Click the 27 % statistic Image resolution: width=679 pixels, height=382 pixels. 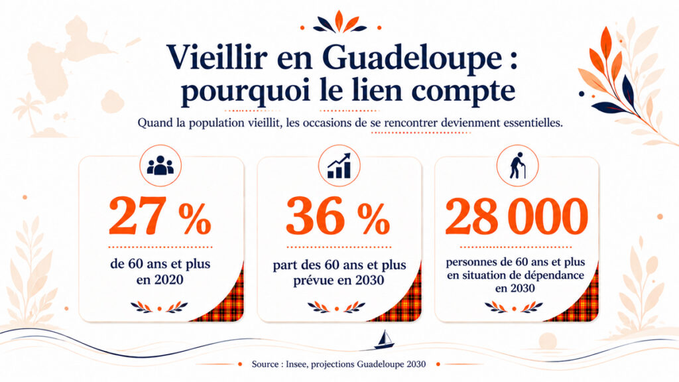pyautogui.click(x=160, y=216)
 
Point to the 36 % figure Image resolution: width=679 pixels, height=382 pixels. pyautogui.click(x=338, y=216)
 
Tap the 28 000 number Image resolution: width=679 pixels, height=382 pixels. pyautogui.click(x=516, y=216)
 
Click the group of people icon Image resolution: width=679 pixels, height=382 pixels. pyautogui.click(x=160, y=165)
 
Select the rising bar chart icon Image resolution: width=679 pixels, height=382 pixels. pyautogui.click(x=339, y=165)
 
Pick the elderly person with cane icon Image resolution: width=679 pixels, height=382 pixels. pyautogui.click(x=517, y=165)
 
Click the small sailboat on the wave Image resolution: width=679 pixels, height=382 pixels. pyautogui.click(x=384, y=340)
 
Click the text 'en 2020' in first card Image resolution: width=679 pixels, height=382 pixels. pyautogui.click(x=160, y=280)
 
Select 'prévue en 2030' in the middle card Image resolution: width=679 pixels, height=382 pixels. pyautogui.click(x=339, y=281)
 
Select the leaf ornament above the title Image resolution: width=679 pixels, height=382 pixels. pyautogui.click(x=340, y=23)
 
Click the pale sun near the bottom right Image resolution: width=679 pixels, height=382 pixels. pyautogui.click(x=548, y=340)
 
